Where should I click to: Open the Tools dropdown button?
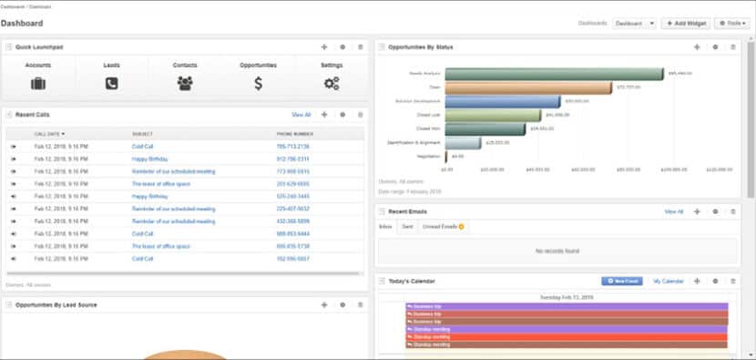click(732, 23)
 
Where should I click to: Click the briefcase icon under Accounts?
click(38, 83)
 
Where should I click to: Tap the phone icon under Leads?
click(111, 83)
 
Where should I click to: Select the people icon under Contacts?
click(185, 83)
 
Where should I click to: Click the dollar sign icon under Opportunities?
click(259, 83)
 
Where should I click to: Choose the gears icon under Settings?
click(332, 83)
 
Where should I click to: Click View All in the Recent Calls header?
click(301, 115)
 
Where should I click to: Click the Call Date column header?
click(49, 134)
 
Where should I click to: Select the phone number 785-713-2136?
click(292, 146)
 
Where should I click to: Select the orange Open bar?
click(527, 87)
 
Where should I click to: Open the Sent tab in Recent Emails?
click(407, 226)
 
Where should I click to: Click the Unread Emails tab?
click(441, 226)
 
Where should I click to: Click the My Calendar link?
click(668, 282)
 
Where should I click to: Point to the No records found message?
click(557, 250)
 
